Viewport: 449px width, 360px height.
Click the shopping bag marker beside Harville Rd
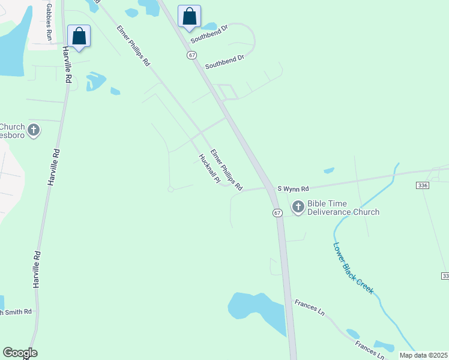point(79,36)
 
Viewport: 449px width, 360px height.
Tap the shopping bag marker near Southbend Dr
point(189,16)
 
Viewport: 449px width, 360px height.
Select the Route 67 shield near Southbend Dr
point(191,55)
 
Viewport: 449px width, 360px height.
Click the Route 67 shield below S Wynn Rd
point(277,213)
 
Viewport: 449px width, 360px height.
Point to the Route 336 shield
point(422,186)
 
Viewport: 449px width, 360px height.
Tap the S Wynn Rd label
point(293,188)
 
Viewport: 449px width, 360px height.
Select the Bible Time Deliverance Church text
point(343,208)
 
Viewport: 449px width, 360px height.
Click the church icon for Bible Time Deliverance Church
point(298,208)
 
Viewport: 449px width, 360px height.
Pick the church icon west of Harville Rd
point(34,130)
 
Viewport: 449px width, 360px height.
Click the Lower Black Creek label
point(353,268)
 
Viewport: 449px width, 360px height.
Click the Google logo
point(20,353)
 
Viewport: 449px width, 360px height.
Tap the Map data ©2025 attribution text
point(423,355)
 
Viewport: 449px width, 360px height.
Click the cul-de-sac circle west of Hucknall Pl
point(170,189)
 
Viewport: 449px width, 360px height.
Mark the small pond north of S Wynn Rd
point(328,170)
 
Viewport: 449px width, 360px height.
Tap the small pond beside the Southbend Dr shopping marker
point(209,26)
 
